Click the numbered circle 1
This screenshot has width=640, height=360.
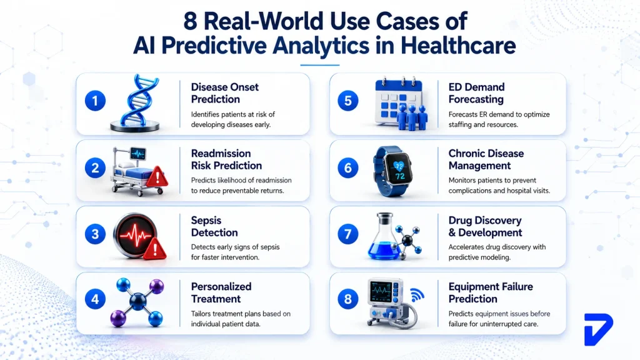click(95, 101)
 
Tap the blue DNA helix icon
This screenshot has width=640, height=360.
click(136, 103)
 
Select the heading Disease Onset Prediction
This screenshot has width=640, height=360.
click(224, 93)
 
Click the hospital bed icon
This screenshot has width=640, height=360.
click(139, 171)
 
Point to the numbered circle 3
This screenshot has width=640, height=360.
click(95, 234)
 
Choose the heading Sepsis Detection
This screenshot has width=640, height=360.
click(214, 226)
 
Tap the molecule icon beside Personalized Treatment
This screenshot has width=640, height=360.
click(137, 302)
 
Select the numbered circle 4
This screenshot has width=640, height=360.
click(95, 299)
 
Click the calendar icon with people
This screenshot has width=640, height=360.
click(402, 104)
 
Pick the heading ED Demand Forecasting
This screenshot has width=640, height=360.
click(476, 93)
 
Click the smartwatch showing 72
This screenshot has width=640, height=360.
click(392, 171)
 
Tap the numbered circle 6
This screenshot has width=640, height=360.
click(348, 167)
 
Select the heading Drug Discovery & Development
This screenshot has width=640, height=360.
click(485, 226)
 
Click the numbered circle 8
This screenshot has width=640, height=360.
click(348, 299)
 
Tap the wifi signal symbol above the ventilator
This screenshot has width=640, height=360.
click(417, 295)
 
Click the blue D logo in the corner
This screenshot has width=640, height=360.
click(598, 329)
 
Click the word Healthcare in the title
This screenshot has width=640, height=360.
click(458, 45)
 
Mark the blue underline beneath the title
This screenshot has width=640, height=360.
click(319, 65)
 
